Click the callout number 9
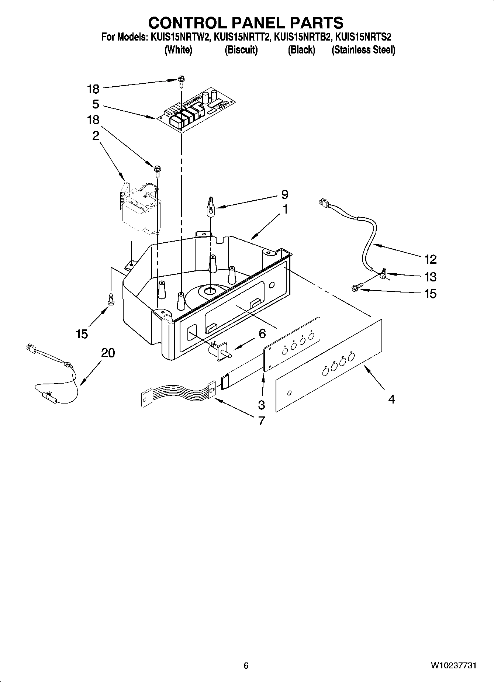(x=284, y=194)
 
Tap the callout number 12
(x=430, y=259)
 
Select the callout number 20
(x=108, y=353)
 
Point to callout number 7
(x=261, y=420)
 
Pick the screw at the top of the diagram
(x=181, y=81)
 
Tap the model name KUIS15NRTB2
(x=301, y=37)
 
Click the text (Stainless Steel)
(x=363, y=50)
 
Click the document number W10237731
(x=453, y=665)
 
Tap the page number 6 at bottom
(x=246, y=665)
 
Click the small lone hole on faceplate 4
(x=289, y=392)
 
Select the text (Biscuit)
(x=241, y=50)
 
